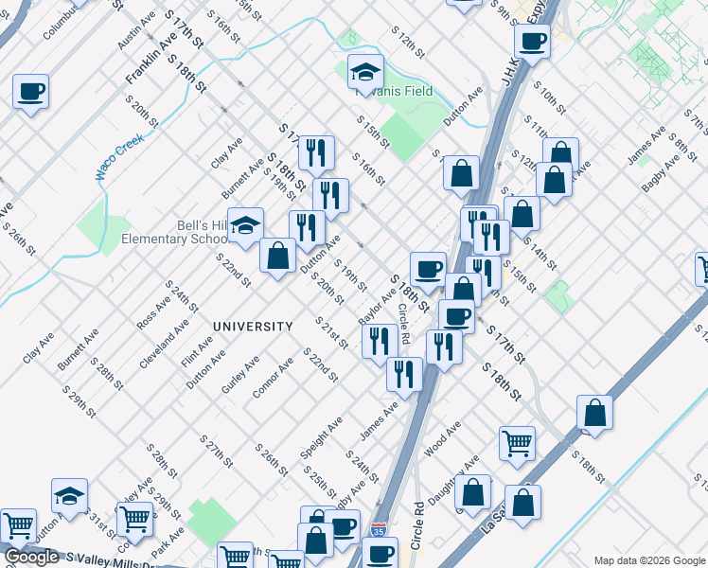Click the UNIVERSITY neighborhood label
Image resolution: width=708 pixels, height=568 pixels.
253,327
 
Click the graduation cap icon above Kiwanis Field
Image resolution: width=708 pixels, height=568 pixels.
364,71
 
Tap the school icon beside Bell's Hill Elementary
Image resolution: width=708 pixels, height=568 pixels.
246,225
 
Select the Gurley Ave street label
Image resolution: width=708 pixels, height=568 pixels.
240,376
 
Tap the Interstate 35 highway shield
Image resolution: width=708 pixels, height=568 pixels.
380,531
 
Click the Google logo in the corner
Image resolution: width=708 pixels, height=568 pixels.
31,558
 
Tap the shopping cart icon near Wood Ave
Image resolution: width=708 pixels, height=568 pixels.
517,442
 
